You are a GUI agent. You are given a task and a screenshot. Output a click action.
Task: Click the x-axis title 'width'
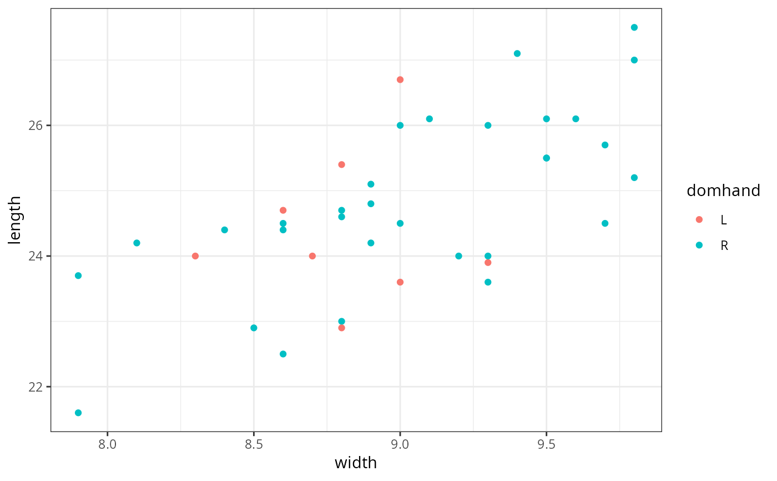pyautogui.click(x=356, y=463)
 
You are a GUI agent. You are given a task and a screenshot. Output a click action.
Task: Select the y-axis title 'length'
pyautogui.click(x=15, y=220)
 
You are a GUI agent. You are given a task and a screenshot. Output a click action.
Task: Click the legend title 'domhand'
pyautogui.click(x=723, y=191)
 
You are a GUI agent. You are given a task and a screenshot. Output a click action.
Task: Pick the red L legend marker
pyautogui.click(x=699, y=219)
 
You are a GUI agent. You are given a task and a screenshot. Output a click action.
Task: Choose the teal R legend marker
pyautogui.click(x=699, y=245)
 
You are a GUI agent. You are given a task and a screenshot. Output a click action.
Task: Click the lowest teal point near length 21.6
pyautogui.click(x=78, y=413)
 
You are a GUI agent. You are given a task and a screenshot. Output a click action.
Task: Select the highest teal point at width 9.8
pyautogui.click(x=634, y=27)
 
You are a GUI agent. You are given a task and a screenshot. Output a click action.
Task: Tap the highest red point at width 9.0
pyautogui.click(x=400, y=79)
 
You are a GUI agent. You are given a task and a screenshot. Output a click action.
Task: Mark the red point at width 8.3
pyautogui.click(x=195, y=256)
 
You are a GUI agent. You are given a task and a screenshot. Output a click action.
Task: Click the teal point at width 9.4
pyautogui.click(x=517, y=53)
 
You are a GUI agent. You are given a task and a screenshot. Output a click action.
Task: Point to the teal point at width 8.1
pyautogui.click(x=137, y=243)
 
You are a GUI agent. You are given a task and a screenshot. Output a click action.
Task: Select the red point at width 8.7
pyautogui.click(x=312, y=256)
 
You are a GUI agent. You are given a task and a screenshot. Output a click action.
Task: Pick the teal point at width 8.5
pyautogui.click(x=254, y=328)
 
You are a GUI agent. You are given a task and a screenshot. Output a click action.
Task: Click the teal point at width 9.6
pyautogui.click(x=576, y=119)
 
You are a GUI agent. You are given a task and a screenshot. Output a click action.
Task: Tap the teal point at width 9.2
pyautogui.click(x=458, y=256)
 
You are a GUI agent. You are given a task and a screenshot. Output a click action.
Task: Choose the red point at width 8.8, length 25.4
pyautogui.click(x=341, y=164)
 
